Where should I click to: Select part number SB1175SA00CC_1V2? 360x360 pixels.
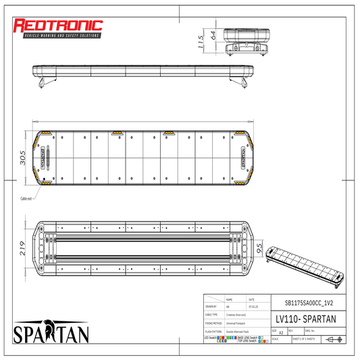(x=305, y=303)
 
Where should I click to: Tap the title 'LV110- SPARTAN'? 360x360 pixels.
(x=305, y=317)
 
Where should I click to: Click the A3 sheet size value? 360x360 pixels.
(x=281, y=333)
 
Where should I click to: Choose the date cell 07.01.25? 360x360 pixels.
(x=251, y=307)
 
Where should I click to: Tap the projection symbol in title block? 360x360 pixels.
(x=334, y=339)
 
